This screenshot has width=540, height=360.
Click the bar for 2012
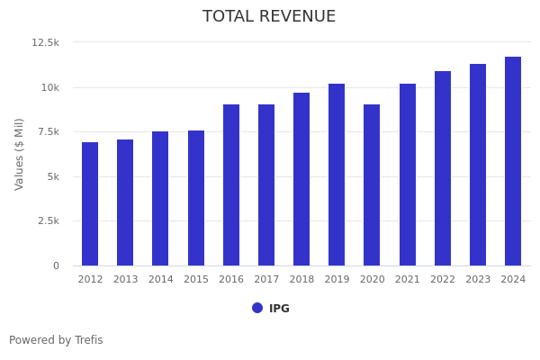click(90, 204)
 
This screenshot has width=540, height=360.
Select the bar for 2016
click(231, 185)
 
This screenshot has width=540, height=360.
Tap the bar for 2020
click(372, 185)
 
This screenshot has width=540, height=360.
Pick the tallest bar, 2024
click(513, 161)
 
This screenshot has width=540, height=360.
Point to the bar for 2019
click(337, 175)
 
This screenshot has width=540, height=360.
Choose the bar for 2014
click(160, 199)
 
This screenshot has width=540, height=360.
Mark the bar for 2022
click(443, 168)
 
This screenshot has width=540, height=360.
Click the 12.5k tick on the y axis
click(45, 42)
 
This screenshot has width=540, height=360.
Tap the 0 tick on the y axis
click(55, 265)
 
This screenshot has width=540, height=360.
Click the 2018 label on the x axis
click(301, 280)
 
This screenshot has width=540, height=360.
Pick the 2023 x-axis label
click(478, 280)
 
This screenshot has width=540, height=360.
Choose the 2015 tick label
click(196, 280)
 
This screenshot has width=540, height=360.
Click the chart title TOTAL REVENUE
click(269, 17)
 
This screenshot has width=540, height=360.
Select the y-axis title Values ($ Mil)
click(20, 154)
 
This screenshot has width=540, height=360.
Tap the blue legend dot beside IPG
click(257, 308)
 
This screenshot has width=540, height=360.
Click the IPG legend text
click(279, 309)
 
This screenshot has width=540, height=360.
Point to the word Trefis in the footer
click(88, 340)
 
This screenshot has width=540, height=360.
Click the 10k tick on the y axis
click(49, 87)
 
